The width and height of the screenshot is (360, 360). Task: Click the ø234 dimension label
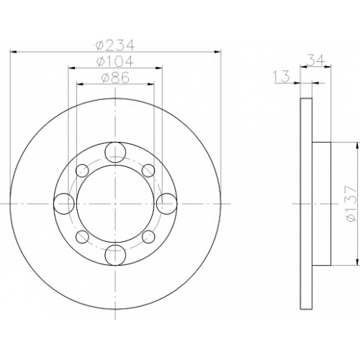[x=114, y=45]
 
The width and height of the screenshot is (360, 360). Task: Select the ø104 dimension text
[x=114, y=61]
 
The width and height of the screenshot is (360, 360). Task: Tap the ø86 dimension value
[x=115, y=78]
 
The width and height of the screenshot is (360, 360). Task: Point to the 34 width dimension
[x=315, y=60]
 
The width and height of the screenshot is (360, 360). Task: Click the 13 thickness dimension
[x=282, y=76]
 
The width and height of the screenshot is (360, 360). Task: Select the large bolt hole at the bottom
[x=115, y=255]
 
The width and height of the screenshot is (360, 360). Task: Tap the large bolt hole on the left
[x=64, y=204]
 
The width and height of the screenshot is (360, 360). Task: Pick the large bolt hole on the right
[x=167, y=204]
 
